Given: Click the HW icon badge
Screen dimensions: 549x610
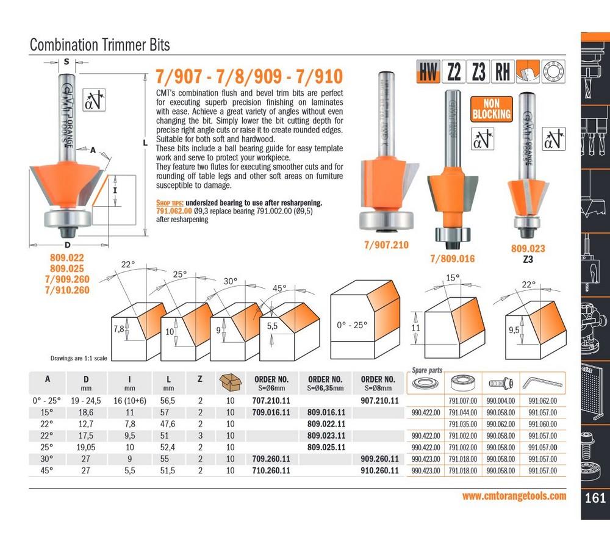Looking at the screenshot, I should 429,73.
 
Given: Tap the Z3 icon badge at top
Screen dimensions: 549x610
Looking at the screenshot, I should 478,73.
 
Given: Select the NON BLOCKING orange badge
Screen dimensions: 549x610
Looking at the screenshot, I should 491,109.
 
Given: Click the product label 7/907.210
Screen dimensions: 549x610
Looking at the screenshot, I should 386,245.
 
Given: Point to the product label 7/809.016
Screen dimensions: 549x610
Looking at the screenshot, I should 452,259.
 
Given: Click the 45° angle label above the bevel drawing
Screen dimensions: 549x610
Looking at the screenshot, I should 279,289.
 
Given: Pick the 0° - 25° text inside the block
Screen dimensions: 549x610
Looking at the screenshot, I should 352,325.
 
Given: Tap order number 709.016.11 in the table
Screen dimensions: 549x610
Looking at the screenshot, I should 271,412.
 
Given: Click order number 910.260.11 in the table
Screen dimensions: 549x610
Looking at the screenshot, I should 379,470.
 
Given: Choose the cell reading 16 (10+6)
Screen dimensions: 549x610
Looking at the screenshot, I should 130,401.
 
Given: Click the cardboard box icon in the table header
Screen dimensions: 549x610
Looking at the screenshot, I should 230,382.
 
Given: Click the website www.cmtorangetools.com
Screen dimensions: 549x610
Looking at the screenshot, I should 514,496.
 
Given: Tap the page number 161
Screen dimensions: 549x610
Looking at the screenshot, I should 595,498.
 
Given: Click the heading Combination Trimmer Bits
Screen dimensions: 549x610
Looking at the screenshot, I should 100,45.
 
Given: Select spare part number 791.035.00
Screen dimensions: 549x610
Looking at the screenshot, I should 465,424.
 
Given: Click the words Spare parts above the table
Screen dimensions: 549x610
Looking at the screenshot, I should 427,370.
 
